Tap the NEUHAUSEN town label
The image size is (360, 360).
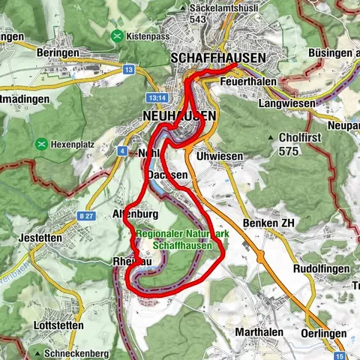tap(178, 115)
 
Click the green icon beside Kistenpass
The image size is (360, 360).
tap(116, 35)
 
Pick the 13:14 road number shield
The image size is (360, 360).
tap(156, 97)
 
